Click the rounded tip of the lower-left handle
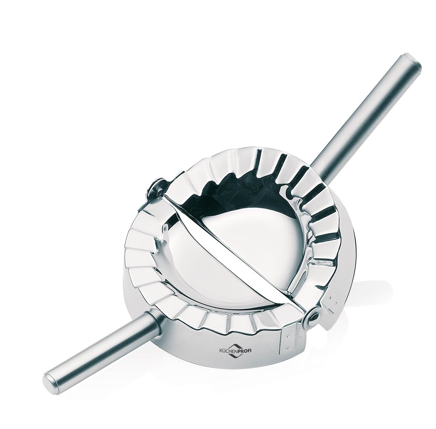pyautogui.click(x=51, y=382)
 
